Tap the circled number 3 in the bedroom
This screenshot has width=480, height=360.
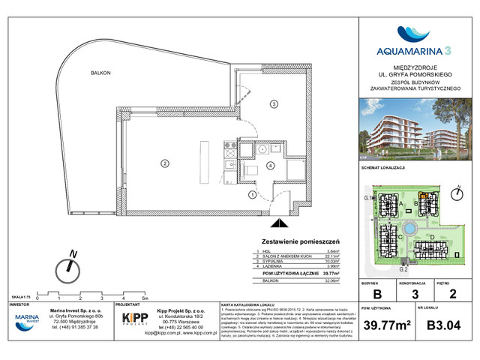pyautogui.click(x=274, y=103)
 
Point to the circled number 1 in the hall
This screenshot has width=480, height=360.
pyautogui.click(x=253, y=196)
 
